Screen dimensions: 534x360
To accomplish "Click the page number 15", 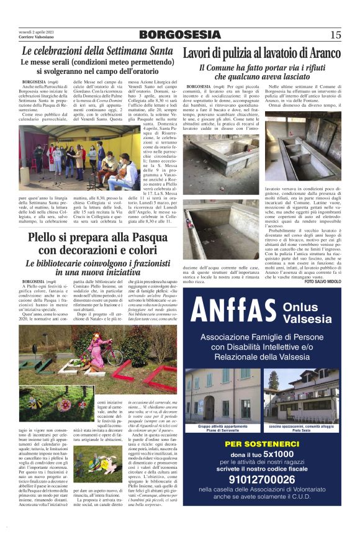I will tap(336, 34).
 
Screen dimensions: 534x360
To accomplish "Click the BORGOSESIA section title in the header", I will tap(179, 34).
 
